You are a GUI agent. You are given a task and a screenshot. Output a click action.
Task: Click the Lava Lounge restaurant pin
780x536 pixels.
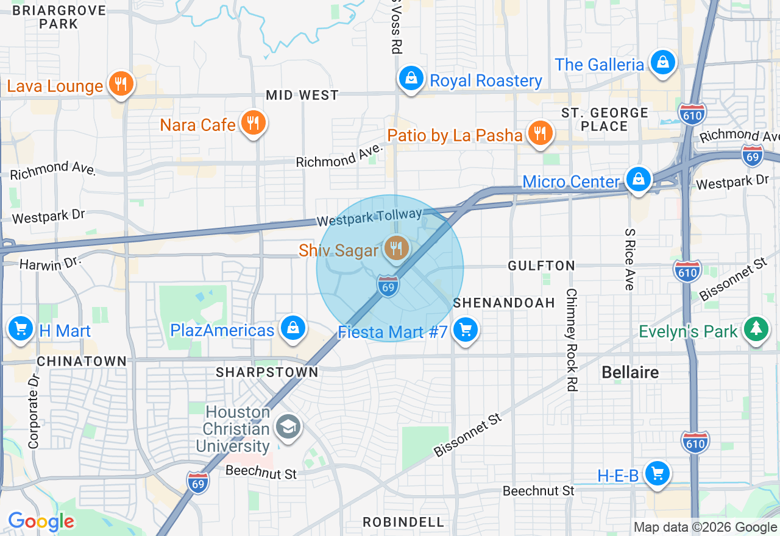click(x=121, y=84)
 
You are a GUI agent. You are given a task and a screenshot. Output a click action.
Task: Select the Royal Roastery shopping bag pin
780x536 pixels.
click(x=411, y=79)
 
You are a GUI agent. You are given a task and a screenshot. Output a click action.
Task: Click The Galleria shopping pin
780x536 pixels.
click(x=662, y=62)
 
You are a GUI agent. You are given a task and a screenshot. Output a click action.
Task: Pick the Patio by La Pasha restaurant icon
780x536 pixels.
click(x=539, y=133)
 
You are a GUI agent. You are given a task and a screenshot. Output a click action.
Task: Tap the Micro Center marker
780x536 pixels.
click(x=638, y=180)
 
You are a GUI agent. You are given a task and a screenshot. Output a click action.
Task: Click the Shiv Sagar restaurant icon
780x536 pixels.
click(x=396, y=249)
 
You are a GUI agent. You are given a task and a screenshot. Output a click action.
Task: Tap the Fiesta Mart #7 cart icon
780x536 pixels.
click(x=466, y=330)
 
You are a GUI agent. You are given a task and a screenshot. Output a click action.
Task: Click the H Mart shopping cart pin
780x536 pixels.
click(x=21, y=329)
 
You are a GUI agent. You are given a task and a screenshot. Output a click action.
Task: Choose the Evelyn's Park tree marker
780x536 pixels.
click(x=756, y=329)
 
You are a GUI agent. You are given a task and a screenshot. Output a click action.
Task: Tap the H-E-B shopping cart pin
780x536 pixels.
click(x=657, y=473)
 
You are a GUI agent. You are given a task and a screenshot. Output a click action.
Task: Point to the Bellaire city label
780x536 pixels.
click(x=630, y=372)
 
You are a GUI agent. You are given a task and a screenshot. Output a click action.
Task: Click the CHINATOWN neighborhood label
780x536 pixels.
click(x=82, y=361)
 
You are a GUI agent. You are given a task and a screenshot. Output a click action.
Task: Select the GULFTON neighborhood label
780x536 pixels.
click(x=542, y=266)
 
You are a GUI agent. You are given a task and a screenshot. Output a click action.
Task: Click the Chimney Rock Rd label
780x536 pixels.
click(x=571, y=339)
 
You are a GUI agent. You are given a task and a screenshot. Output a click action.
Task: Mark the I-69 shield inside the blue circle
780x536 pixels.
click(x=388, y=286)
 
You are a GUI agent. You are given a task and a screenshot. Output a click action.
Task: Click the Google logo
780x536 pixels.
click(x=41, y=521)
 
